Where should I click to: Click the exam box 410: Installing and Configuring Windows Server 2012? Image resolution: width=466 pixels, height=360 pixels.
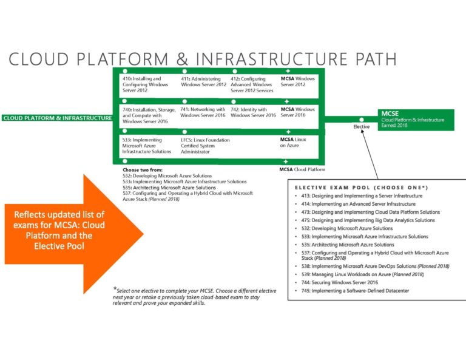click(146, 84)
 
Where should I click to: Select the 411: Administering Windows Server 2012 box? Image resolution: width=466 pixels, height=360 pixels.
click(203, 81)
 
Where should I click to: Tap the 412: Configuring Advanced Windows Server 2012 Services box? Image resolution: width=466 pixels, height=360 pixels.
click(252, 84)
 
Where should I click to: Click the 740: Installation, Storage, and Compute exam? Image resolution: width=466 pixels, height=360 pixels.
click(149, 115)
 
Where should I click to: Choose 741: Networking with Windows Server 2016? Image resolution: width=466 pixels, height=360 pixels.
click(203, 112)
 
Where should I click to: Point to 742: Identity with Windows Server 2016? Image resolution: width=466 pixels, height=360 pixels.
click(253, 112)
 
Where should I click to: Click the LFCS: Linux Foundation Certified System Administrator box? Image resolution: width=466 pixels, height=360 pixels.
click(205, 146)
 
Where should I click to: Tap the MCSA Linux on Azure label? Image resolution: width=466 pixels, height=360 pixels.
click(293, 143)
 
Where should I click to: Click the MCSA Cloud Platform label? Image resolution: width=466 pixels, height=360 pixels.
click(302, 169)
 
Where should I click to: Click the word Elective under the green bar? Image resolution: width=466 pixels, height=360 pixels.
click(362, 127)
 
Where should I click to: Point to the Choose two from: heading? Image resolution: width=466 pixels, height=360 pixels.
click(142, 170)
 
